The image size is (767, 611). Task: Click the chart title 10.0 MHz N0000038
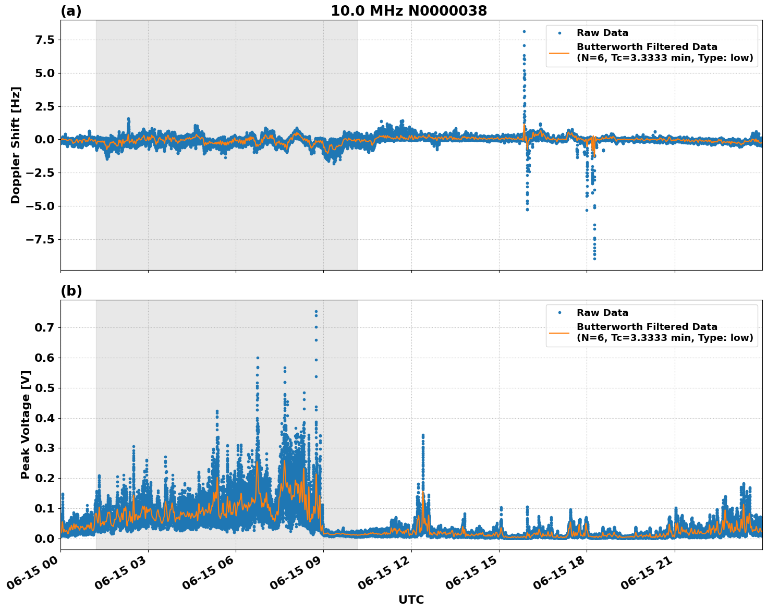click(x=408, y=11)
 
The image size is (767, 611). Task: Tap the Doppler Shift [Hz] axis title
click(x=16, y=145)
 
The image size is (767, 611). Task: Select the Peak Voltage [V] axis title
click(x=26, y=424)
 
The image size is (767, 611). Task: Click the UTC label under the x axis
click(x=411, y=600)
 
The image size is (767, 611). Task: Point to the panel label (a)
click(x=71, y=11)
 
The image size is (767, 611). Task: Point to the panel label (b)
click(x=71, y=291)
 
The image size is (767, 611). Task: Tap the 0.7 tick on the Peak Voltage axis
click(x=44, y=327)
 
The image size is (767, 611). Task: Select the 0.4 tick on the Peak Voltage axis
click(x=44, y=418)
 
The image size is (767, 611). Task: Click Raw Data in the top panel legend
click(x=602, y=33)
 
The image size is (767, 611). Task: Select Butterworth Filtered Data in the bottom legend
click(x=647, y=327)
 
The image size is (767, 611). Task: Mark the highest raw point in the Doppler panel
click(x=524, y=31)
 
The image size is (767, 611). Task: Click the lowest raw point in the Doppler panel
click(x=594, y=259)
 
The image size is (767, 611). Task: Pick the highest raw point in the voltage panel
click(x=316, y=312)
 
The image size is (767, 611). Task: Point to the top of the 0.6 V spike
click(x=258, y=358)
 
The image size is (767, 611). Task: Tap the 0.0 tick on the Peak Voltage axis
click(x=44, y=539)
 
